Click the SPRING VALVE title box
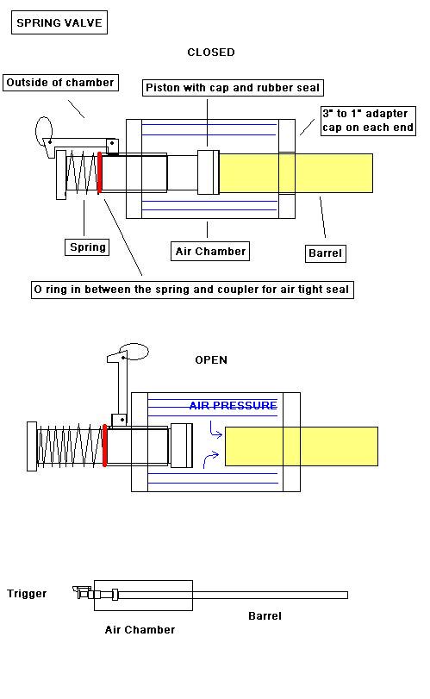59,22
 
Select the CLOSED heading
211,53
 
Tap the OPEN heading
211,359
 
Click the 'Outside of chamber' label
60,83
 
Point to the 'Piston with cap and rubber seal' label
233,87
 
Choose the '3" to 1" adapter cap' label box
368,121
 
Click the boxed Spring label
87,247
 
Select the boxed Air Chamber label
210,252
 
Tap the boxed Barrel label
325,253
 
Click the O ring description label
192,290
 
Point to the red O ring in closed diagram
99,172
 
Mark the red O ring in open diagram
105,446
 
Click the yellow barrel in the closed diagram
296,173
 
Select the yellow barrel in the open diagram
302,446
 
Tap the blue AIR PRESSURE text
233,405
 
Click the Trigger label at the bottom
27,593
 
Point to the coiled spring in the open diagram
71,446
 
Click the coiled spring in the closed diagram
82,172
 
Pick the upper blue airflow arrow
215,430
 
